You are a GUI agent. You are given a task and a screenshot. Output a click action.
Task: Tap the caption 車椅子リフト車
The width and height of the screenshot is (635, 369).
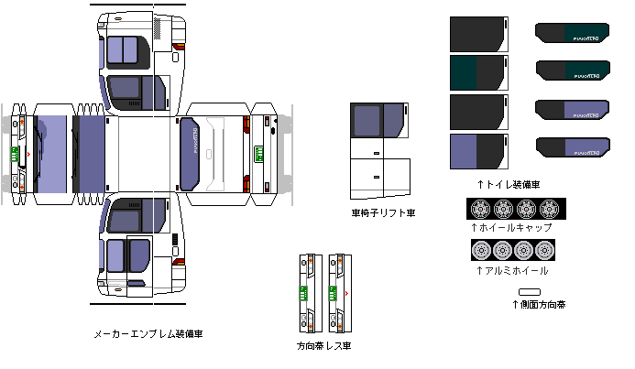[x=383, y=212]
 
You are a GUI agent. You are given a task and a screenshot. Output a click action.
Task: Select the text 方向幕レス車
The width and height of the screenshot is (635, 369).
[x=323, y=346]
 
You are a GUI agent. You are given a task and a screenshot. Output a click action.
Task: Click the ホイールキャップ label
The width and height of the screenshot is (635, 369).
[x=511, y=227]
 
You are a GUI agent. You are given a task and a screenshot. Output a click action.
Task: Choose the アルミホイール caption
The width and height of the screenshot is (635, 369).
[x=511, y=271]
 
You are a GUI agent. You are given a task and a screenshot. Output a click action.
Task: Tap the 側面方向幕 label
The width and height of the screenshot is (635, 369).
[x=538, y=304]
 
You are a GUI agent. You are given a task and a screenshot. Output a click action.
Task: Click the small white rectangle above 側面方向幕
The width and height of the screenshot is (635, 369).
[x=530, y=290]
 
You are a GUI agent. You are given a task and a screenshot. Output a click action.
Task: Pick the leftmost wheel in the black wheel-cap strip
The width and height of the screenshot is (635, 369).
[x=479, y=207]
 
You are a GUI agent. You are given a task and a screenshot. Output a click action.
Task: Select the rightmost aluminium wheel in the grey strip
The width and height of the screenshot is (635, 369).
[x=549, y=249]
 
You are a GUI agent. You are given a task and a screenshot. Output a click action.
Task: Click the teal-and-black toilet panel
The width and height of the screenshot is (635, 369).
[x=479, y=72]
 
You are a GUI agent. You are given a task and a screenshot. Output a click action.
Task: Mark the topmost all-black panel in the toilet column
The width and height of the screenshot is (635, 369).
[x=479, y=34]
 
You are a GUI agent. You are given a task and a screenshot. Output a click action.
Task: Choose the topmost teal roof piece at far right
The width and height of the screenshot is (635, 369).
[x=572, y=35]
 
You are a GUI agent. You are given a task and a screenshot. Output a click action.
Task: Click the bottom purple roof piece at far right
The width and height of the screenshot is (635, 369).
[x=572, y=147]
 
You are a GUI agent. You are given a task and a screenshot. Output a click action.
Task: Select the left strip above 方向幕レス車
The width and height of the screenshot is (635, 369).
[x=307, y=294]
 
